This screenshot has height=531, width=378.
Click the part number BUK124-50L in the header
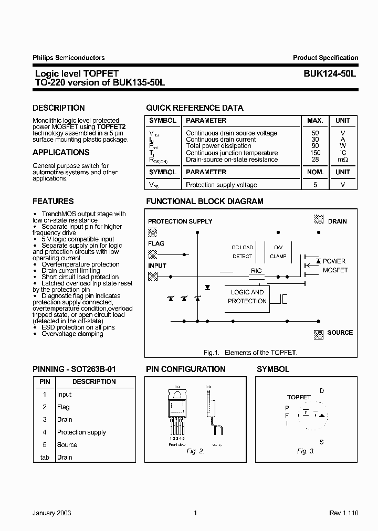pyautogui.click(x=330, y=74)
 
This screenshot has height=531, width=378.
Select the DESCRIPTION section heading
pyautogui.click(x=59, y=108)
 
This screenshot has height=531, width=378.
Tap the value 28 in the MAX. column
pyautogui.click(x=316, y=160)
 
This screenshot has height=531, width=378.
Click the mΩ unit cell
pyautogui.click(x=343, y=160)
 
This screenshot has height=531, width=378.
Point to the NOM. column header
pyautogui.click(x=316, y=172)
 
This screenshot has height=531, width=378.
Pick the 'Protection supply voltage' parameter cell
pyautogui.click(x=222, y=185)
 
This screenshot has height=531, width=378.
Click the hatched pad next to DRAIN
pyautogui.click(x=318, y=219)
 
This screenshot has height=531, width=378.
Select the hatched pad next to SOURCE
pyautogui.click(x=318, y=333)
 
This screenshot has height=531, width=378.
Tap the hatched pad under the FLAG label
pyautogui.click(x=153, y=254)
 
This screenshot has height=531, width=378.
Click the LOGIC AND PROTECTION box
pyautogui.click(x=247, y=297)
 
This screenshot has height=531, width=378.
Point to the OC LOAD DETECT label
pyautogui.click(x=243, y=252)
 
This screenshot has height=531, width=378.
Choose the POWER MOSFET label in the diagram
pyautogui.click(x=334, y=265)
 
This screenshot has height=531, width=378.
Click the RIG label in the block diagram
pyautogui.click(x=256, y=271)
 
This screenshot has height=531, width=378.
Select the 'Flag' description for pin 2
pyautogui.click(x=64, y=407)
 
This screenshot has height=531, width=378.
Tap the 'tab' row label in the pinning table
pyautogui.click(x=45, y=458)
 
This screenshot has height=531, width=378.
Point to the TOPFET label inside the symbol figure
pyautogui.click(x=299, y=397)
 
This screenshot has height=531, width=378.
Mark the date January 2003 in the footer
pyautogui.click(x=52, y=513)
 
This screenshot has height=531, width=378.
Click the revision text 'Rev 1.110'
pyautogui.click(x=343, y=513)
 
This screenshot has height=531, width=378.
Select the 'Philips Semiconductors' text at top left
pyautogui.click(x=69, y=58)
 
